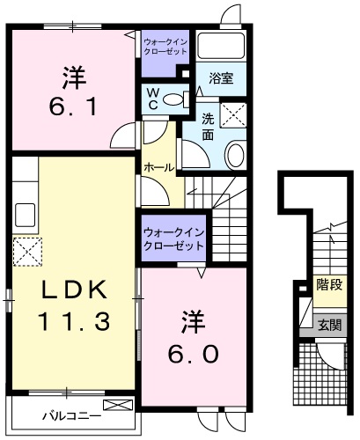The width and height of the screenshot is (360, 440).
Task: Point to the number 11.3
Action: [73, 322]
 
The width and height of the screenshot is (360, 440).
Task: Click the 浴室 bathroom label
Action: [220, 77]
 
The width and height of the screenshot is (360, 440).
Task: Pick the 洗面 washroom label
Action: [208, 126]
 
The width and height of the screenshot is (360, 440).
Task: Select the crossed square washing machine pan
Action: [235, 114]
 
